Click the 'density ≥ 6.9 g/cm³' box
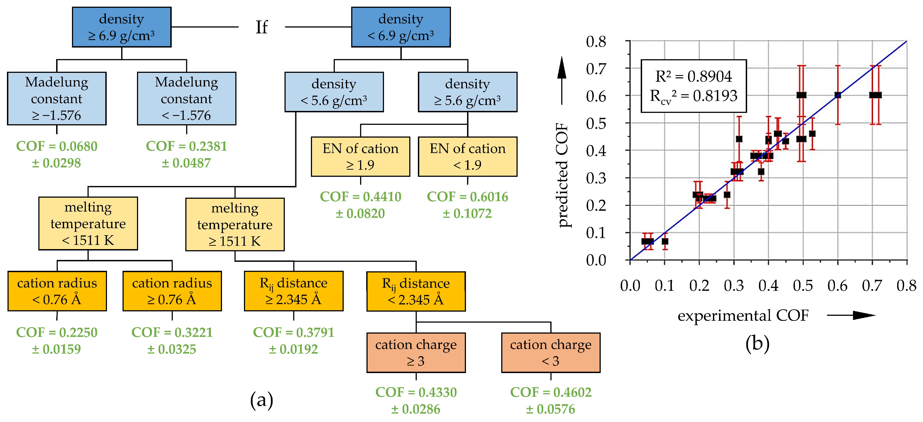pos(121,27)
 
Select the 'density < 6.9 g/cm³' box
pos(401,27)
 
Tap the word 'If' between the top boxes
pos(261,27)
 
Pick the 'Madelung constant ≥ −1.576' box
pos(57,99)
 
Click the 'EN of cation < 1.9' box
pos(467,157)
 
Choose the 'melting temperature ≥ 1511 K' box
pos(235,224)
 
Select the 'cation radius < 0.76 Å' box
pos(57,291)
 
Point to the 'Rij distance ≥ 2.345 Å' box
pos(293,291)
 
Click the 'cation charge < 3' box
pos(550,353)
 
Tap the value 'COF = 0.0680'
pos(57,146)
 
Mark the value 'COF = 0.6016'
pos(467,197)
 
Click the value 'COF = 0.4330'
pos(416,392)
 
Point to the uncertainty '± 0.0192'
pos(293,349)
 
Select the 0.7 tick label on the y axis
pos(596,69)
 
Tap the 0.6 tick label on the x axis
pos(837,286)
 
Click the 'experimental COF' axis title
pos(743,316)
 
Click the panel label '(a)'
pos(261,400)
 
